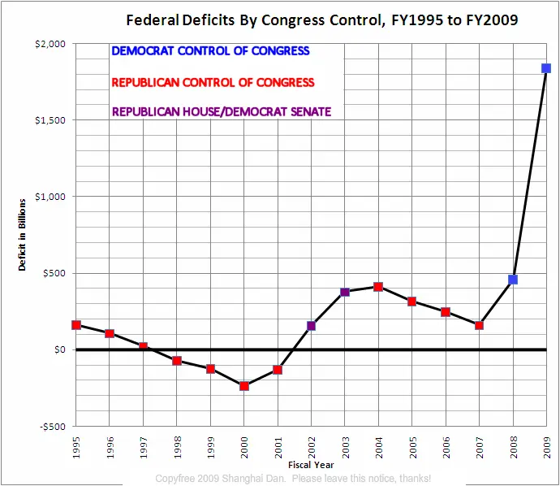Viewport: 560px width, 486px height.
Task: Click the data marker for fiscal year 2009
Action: click(x=546, y=68)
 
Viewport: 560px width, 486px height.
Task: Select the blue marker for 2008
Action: click(x=513, y=280)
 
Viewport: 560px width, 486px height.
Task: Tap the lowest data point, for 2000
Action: click(x=243, y=386)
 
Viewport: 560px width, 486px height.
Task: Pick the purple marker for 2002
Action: click(x=311, y=326)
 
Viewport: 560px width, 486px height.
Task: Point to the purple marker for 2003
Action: click(x=345, y=292)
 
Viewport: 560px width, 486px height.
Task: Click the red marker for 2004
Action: click(x=378, y=287)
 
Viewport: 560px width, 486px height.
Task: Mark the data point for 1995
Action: click(x=76, y=325)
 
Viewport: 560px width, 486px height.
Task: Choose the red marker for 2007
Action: click(x=479, y=325)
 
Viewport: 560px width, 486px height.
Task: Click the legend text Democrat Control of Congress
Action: click(x=210, y=51)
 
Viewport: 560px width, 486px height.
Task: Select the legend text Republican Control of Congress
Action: click(x=213, y=82)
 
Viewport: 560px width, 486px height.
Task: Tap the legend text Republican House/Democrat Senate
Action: click(x=222, y=111)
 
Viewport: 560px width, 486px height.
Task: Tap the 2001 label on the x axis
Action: click(x=278, y=448)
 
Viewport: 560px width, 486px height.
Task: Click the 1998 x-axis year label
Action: click(x=177, y=448)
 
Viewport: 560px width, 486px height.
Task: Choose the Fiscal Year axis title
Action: click(x=311, y=464)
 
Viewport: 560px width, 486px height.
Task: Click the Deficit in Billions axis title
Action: click(x=23, y=235)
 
